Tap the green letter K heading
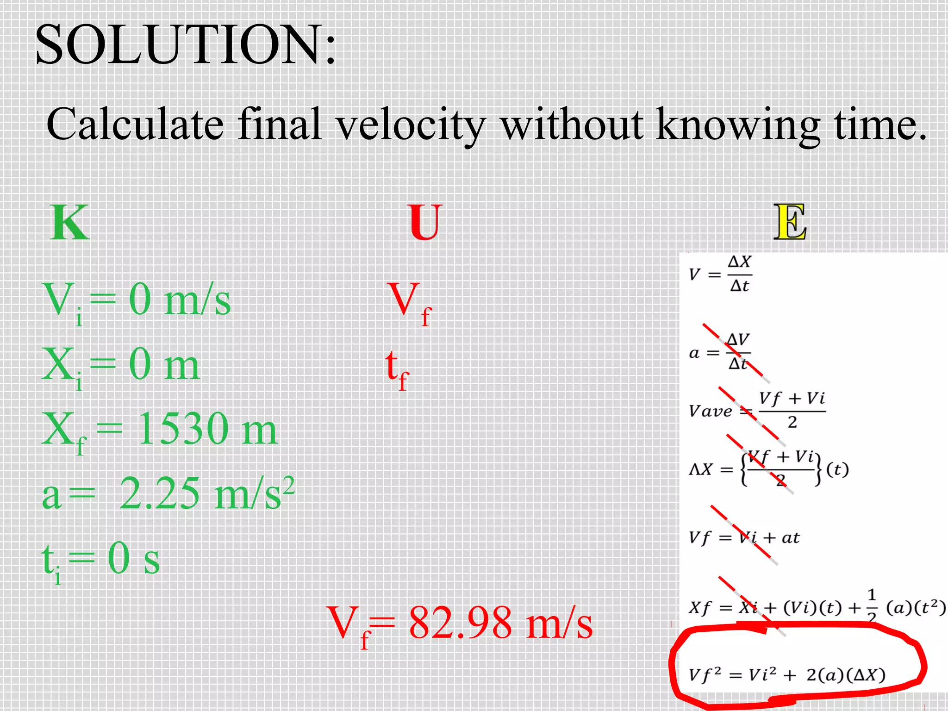point(69,223)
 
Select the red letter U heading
point(425,223)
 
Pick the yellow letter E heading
point(790,223)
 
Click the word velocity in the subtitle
point(410,124)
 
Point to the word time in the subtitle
point(880,124)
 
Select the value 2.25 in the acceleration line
point(160,493)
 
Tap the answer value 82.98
point(460,623)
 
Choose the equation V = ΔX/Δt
point(720,274)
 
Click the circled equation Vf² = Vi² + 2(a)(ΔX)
point(787,675)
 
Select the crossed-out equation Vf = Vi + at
point(744,537)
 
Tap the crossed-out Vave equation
point(757,410)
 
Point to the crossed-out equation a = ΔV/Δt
point(720,352)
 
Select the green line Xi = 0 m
point(120,366)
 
